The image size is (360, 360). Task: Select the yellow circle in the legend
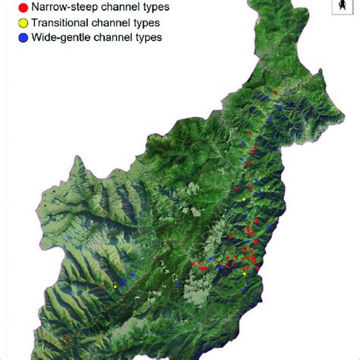tap(12, 23)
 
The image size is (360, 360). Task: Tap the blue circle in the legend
tap(12, 36)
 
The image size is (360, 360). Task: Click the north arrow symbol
tap(343, 8)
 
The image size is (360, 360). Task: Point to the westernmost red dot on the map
tap(101, 286)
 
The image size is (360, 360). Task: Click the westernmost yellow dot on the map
tap(115, 286)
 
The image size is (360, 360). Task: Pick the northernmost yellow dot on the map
tap(244, 200)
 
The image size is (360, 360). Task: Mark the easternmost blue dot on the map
tap(281, 108)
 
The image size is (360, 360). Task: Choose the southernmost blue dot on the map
tap(178, 284)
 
